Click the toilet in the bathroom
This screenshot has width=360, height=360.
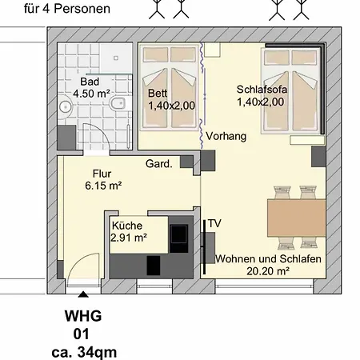point(118,103)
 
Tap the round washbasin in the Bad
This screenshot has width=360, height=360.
point(65,106)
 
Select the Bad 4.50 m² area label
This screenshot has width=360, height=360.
point(91,87)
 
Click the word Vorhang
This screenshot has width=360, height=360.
point(226,136)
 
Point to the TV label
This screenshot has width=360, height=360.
point(214,223)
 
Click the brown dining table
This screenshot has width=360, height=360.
point(297,218)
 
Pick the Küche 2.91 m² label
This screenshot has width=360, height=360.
point(129,231)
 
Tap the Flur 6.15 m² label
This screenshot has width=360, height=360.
point(103,179)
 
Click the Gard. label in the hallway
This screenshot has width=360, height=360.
point(159,164)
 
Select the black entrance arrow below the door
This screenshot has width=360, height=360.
point(84,294)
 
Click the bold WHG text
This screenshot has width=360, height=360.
point(83,316)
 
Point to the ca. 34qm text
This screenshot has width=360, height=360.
point(84,353)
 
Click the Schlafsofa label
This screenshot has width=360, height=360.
point(262,90)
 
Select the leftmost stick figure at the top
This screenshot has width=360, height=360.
point(157,9)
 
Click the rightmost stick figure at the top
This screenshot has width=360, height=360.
point(301,10)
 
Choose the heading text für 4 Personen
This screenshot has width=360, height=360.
point(67,9)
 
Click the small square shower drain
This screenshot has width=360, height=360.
point(116,58)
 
